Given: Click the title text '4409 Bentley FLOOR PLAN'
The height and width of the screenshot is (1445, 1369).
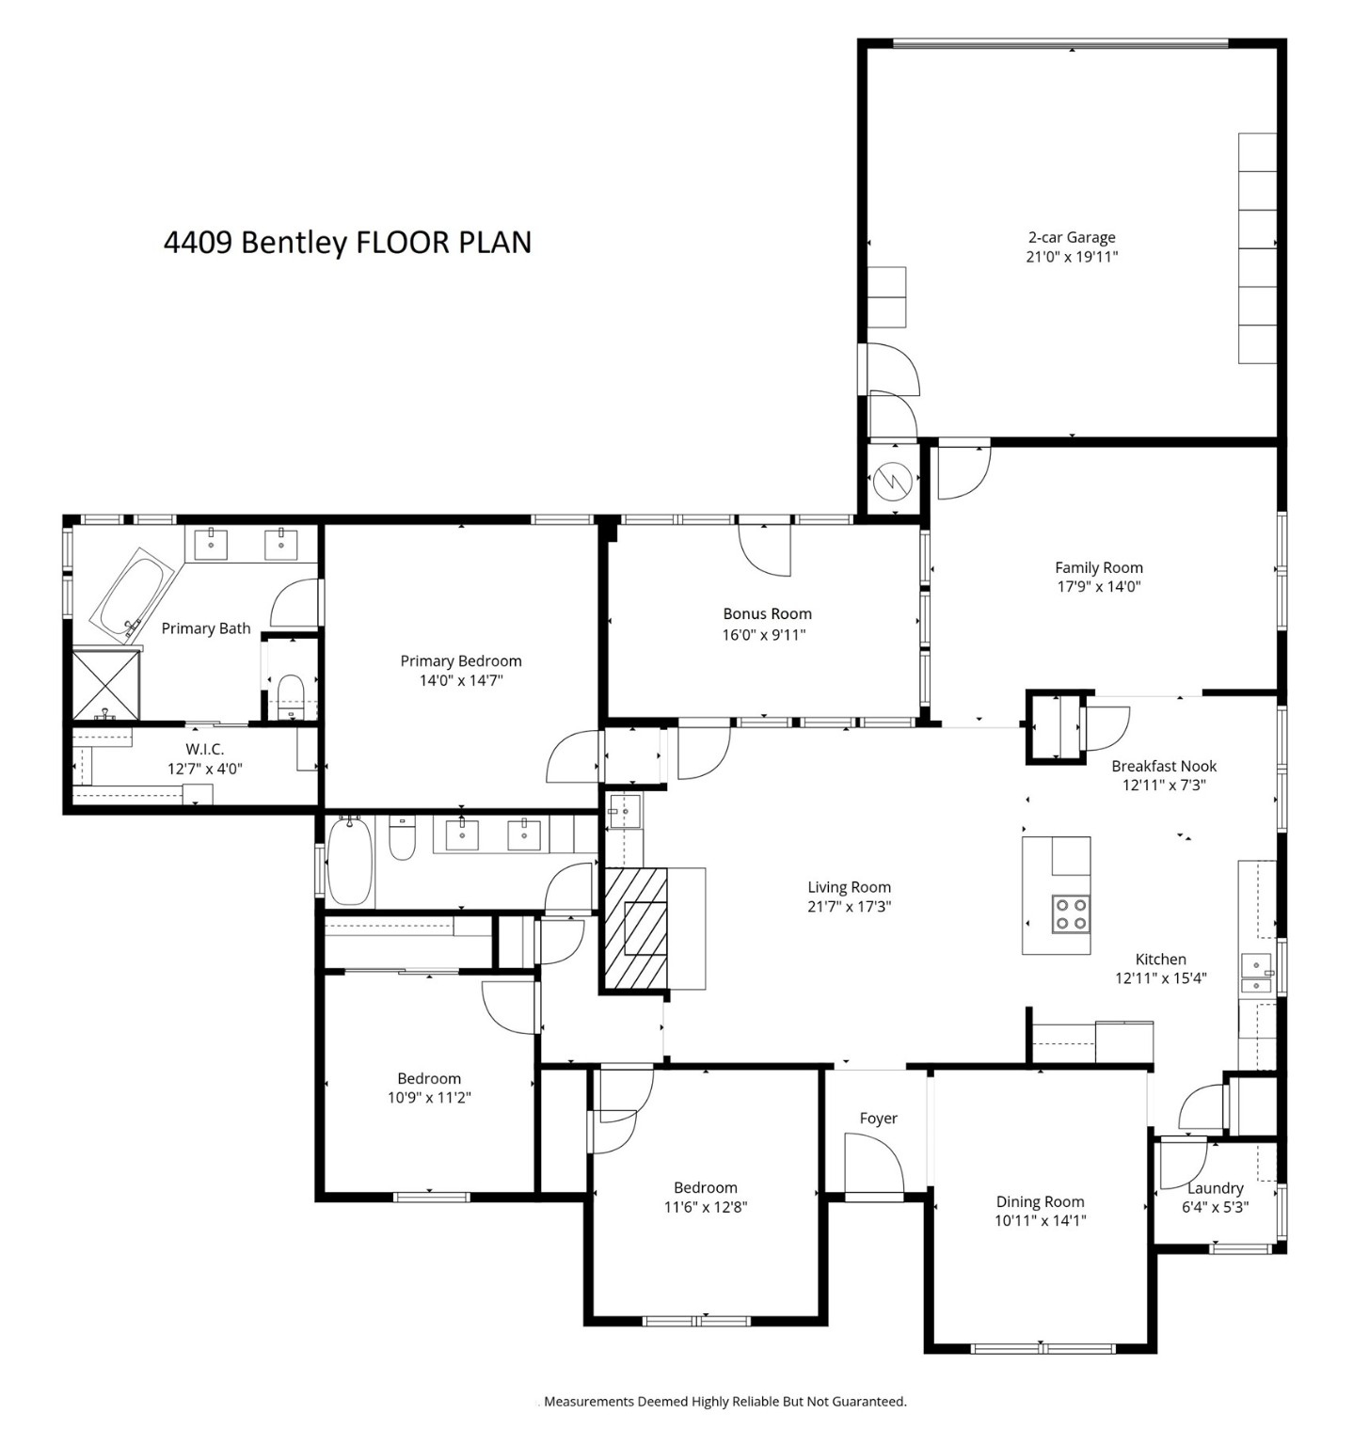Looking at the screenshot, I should pos(347,243).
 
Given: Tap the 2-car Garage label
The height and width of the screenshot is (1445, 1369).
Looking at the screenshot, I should pos(1071,237).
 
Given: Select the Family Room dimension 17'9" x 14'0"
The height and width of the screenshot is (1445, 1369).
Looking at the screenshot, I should pos(1098,587).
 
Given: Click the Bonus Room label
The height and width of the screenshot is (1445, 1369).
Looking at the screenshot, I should pos(767,613).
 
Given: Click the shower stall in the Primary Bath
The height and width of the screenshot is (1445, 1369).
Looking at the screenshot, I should pos(106,684).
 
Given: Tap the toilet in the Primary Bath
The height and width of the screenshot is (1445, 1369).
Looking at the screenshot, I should pos(292,691).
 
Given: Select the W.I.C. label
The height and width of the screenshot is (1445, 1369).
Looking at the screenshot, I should pos(204,749).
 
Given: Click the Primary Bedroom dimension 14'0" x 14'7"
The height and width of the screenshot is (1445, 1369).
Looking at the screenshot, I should pos(461,680).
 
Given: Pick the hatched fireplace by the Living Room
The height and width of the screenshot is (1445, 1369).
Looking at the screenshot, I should pos(636,929).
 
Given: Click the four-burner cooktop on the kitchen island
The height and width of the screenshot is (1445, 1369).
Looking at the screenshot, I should pos(1071,913).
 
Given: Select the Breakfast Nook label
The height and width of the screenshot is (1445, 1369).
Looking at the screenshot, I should pos(1164,766).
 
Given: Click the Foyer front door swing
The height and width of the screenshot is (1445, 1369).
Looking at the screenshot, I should pos(873,1163).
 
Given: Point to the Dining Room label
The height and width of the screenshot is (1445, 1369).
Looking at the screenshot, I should pos(1040,1201).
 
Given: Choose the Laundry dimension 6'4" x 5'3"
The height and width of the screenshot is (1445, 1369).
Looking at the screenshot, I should pos(1215,1207).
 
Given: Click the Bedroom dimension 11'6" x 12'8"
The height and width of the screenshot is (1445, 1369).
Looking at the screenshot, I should pos(705,1207).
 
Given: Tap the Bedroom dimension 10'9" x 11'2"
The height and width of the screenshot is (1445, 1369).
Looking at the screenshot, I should pos(429,1097).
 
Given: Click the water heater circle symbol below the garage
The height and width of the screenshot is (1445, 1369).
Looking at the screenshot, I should pos(890,483).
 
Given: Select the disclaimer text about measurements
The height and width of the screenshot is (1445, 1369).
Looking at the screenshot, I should pos(724,1402).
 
